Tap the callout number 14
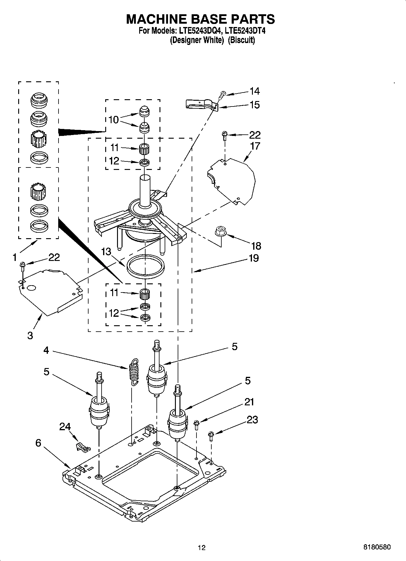pyautogui.click(x=254, y=91)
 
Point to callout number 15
pyautogui.click(x=254, y=105)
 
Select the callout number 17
pyautogui.click(x=255, y=146)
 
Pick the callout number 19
pyautogui.click(x=253, y=258)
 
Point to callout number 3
pyautogui.click(x=30, y=336)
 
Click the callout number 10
pyautogui.click(x=113, y=120)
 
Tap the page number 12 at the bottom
pyautogui.click(x=202, y=548)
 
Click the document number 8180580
pyautogui.click(x=377, y=547)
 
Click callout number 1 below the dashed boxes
pyautogui.click(x=15, y=258)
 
